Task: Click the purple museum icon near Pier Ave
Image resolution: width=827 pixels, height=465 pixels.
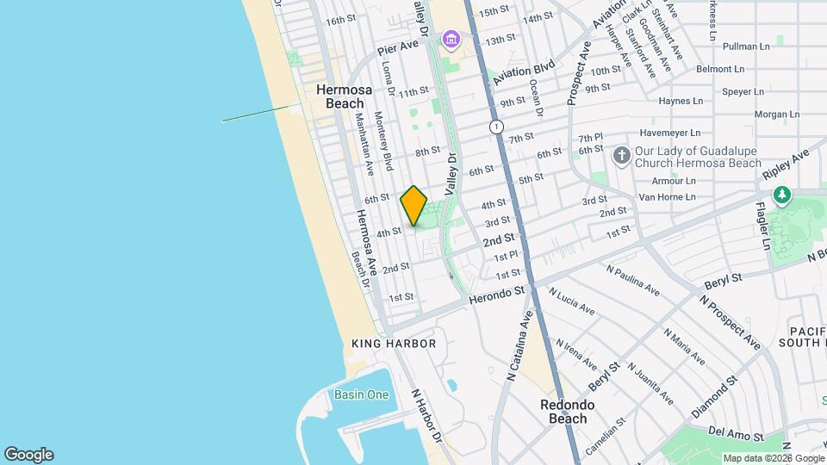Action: tap(451, 39)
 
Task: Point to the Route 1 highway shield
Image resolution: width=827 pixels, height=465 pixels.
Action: tap(496, 127)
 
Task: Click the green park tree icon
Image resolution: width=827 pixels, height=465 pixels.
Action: tap(781, 195)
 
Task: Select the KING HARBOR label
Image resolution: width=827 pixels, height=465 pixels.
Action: tap(394, 344)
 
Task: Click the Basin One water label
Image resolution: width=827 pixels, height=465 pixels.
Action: tap(362, 395)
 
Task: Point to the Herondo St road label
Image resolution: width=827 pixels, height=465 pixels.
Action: tap(497, 295)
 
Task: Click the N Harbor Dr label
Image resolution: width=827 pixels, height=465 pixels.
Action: tap(426, 416)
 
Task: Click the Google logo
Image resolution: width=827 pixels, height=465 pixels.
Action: tap(28, 455)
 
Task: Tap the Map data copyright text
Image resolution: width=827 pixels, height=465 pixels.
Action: tap(773, 458)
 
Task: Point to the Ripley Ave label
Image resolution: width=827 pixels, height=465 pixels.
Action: tap(787, 164)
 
